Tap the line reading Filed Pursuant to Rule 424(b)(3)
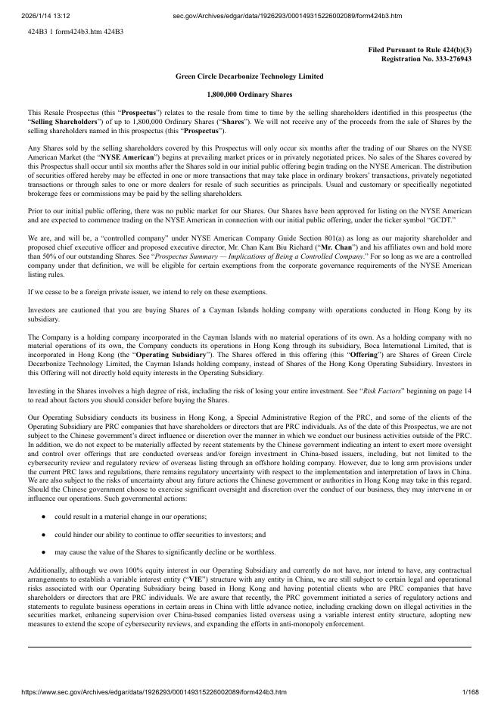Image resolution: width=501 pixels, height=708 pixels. [x=419, y=49]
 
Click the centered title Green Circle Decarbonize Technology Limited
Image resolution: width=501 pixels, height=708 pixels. [x=249, y=76]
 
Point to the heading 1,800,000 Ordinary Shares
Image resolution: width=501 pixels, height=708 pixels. [x=249, y=95]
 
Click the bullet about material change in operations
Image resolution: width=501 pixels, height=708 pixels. [x=130, y=515]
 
